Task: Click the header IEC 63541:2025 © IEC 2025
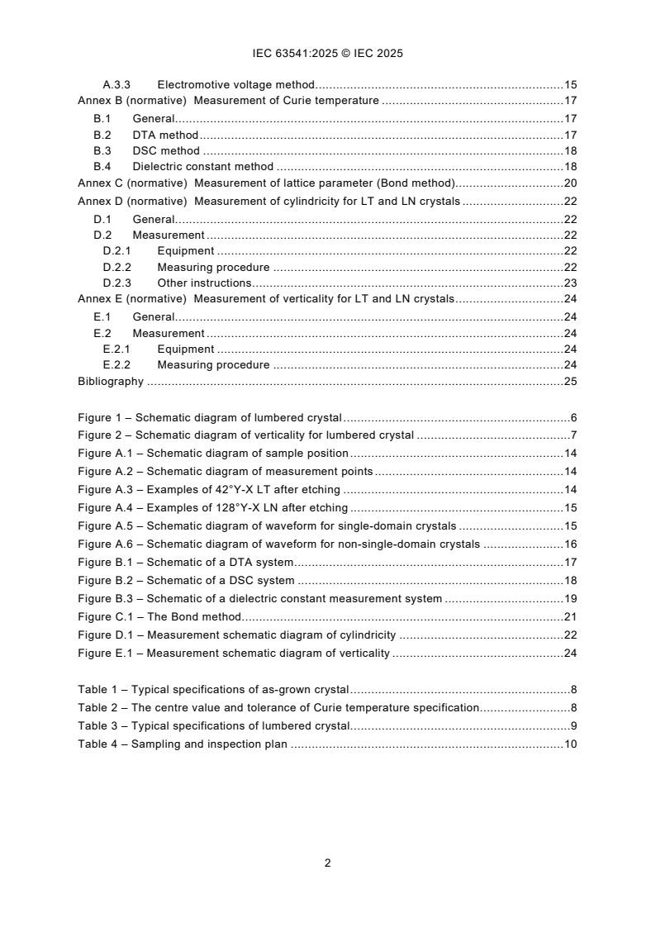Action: point(327,54)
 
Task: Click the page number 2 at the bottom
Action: point(327,863)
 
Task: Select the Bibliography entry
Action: point(111,382)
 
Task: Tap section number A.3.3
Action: point(116,85)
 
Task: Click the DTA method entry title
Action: point(165,135)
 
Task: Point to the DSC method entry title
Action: point(166,151)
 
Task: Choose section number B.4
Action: point(102,167)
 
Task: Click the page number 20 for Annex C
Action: point(569,183)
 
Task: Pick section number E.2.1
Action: point(116,349)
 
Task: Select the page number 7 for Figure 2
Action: point(573,435)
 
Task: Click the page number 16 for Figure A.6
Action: point(569,544)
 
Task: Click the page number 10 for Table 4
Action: point(569,744)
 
